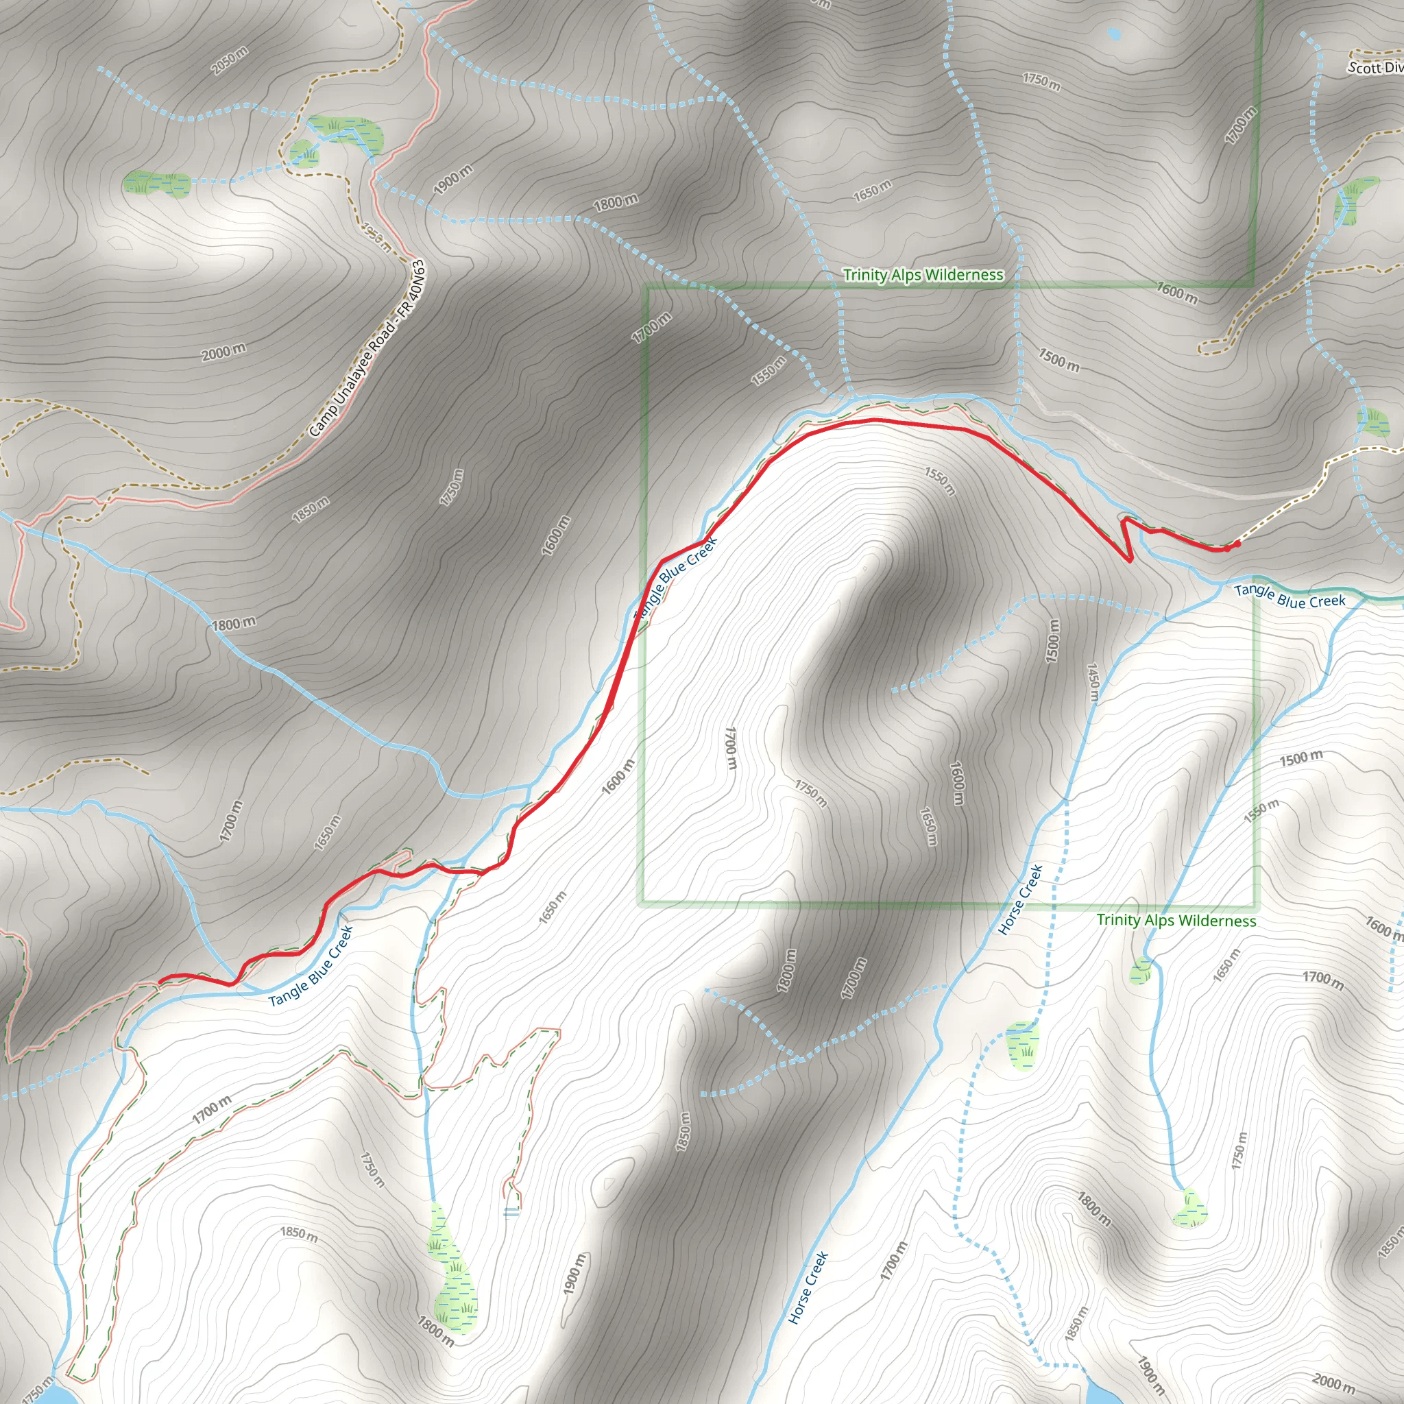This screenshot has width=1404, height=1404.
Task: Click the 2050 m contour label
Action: (x=230, y=60)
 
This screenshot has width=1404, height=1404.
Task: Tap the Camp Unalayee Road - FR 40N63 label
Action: (x=367, y=349)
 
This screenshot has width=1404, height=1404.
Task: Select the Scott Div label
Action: (x=1376, y=68)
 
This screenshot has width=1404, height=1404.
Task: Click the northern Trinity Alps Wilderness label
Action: (x=923, y=275)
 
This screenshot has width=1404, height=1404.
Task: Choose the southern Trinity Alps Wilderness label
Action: (x=1176, y=920)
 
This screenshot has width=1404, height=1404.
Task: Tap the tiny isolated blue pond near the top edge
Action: (x=1114, y=33)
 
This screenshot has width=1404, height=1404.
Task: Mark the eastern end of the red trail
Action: (x=1237, y=544)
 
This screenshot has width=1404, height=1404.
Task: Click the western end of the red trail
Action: (x=160, y=982)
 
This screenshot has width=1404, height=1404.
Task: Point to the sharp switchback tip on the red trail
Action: (x=1130, y=560)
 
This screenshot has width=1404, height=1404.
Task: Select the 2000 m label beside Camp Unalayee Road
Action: (x=223, y=352)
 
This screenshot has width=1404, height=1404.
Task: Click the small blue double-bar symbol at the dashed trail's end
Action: (x=511, y=1212)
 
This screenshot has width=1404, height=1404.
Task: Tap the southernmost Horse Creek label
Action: (x=808, y=1287)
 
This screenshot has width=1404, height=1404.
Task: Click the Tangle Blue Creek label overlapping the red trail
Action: (x=676, y=578)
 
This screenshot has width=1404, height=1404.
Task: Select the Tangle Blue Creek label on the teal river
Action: (x=1290, y=595)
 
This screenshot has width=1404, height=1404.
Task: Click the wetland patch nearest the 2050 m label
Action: (x=156, y=183)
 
